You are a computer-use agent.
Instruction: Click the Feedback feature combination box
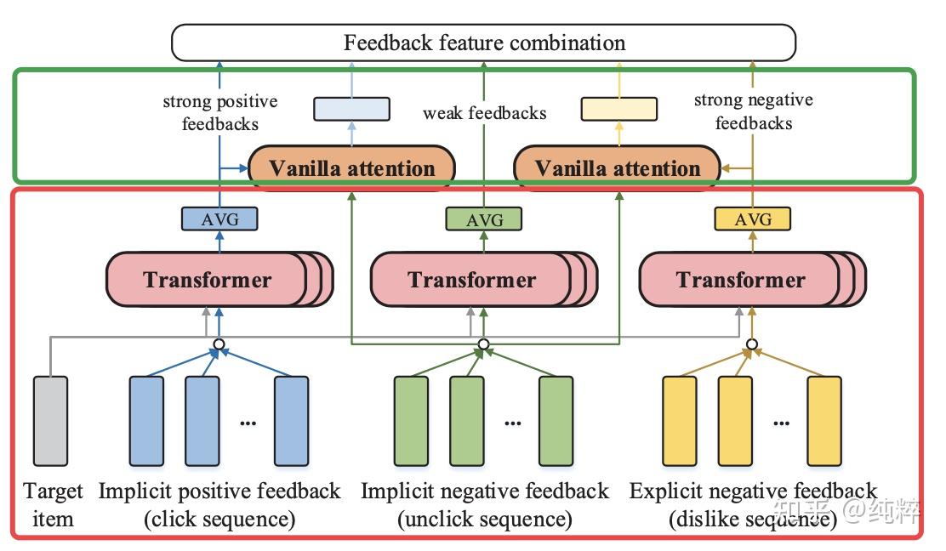tap(483, 43)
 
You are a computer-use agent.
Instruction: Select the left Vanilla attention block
tap(351, 168)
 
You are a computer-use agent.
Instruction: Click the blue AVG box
tap(219, 219)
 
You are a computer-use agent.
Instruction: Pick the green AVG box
tap(483, 219)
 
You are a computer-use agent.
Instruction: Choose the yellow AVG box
tap(752, 219)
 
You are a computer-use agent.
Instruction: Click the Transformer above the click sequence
tap(207, 280)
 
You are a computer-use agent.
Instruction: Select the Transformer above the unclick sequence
tap(471, 280)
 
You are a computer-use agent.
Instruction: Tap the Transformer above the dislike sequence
tap(740, 280)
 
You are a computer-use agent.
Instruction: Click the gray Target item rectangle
tap(49, 420)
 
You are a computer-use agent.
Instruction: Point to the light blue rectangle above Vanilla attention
tap(351, 109)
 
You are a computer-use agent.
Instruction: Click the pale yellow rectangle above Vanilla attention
tap(618, 109)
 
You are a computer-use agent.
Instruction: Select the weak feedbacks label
tap(485, 112)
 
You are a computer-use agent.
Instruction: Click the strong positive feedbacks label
tap(219, 112)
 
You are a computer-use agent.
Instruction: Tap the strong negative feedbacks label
tap(753, 111)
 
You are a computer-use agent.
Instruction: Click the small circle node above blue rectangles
tap(219, 344)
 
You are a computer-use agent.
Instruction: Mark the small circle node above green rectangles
tap(483, 344)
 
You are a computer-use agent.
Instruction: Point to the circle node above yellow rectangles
tap(752, 344)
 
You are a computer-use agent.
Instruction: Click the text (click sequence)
tap(219, 519)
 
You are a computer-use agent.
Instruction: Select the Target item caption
tap(53, 505)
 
